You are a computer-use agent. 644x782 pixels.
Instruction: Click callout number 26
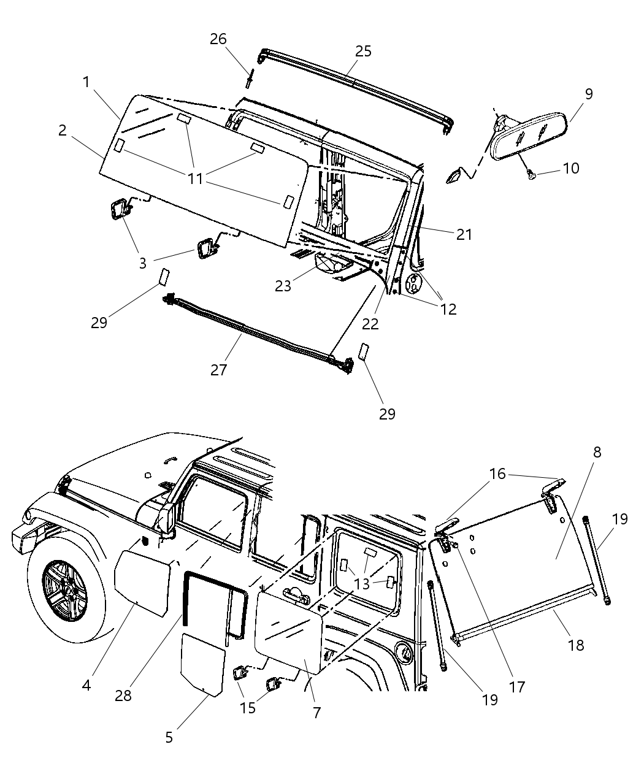coord(218,39)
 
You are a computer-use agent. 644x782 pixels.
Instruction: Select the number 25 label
coord(363,51)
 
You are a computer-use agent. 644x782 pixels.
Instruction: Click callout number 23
coord(283,286)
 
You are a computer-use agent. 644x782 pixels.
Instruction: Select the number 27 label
coord(218,370)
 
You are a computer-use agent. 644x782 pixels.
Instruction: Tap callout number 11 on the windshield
coord(195,178)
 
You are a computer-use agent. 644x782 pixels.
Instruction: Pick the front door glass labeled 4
coord(143,583)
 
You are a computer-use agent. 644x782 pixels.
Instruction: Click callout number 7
coord(316,712)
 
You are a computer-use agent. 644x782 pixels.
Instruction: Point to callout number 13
coord(362,583)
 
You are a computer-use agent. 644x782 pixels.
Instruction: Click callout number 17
coord(517,686)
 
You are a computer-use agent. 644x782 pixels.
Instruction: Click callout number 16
coord(497,474)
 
